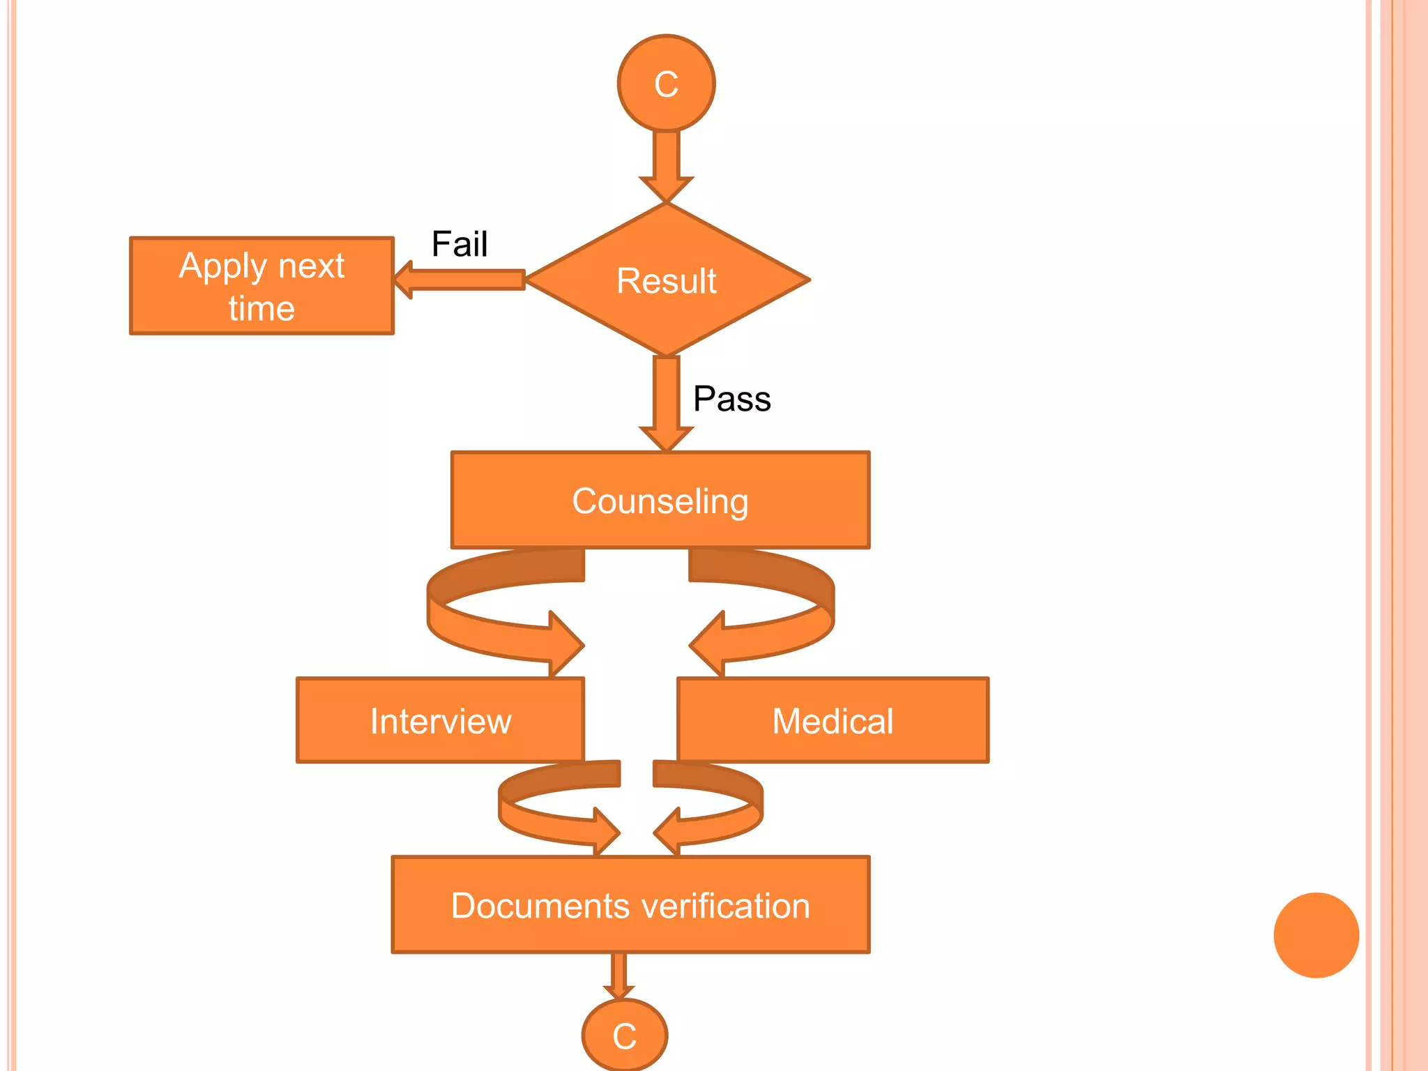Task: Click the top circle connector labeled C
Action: pyautogui.click(x=666, y=84)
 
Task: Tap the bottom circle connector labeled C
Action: pyautogui.click(x=625, y=1035)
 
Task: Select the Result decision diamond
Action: pyautogui.click(x=667, y=280)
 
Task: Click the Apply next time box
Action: pyautogui.click(x=261, y=286)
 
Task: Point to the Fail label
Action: pyautogui.click(x=459, y=244)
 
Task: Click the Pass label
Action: pyautogui.click(x=731, y=399)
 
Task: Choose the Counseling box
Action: pyautogui.click(x=660, y=500)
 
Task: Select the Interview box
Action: pyautogui.click(x=440, y=720)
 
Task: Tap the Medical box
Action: pyautogui.click(x=833, y=720)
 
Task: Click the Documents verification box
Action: pyautogui.click(x=630, y=905)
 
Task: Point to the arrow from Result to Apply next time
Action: pyautogui.click(x=460, y=280)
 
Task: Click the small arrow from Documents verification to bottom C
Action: pyautogui.click(x=618, y=975)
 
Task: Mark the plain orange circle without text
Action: pyautogui.click(x=1316, y=935)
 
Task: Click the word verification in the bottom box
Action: pyautogui.click(x=724, y=905)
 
